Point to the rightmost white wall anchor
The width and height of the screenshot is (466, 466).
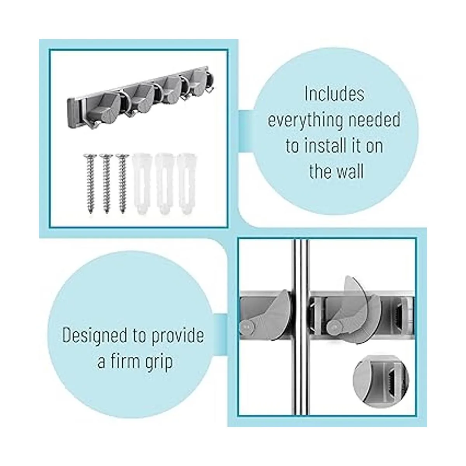click(186, 184)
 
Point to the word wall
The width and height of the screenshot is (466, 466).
click(348, 172)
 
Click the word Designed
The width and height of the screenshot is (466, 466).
click(95, 336)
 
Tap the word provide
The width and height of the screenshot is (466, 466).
click(177, 336)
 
